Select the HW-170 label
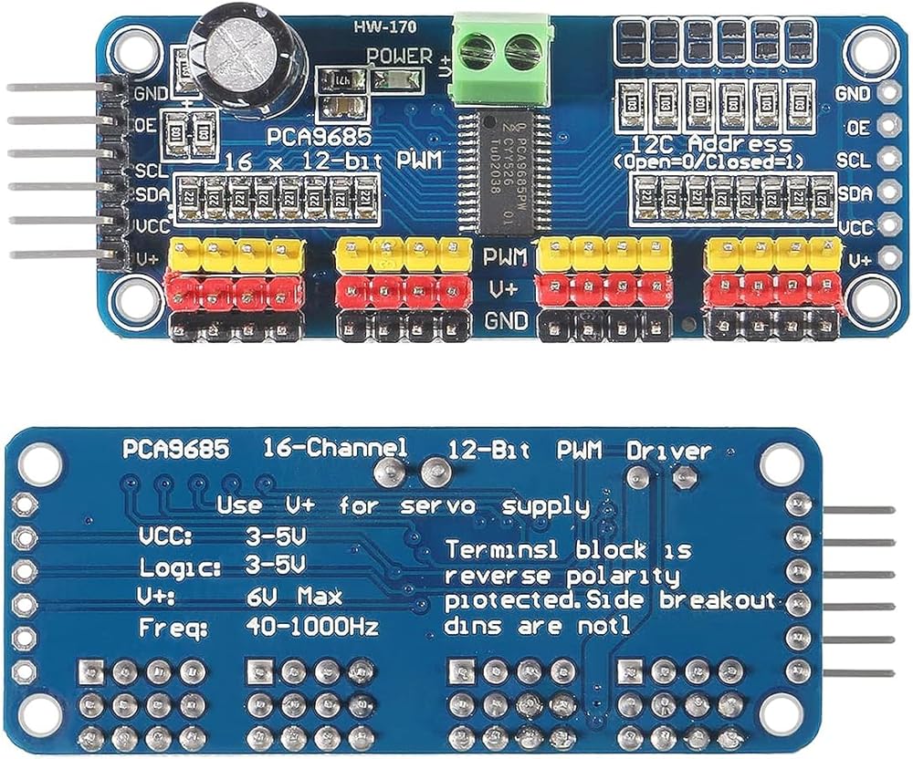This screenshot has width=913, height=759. pos(380,26)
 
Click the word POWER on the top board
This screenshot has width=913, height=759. pos(399,56)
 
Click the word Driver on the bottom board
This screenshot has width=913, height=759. pos(668,451)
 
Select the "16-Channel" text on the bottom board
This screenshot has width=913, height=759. pos(334,449)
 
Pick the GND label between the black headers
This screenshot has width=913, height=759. pos(505,321)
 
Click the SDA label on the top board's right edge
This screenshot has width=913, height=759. pos(854,193)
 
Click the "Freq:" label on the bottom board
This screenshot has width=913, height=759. pos(173,629)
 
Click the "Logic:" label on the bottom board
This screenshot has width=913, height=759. pos(180,567)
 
